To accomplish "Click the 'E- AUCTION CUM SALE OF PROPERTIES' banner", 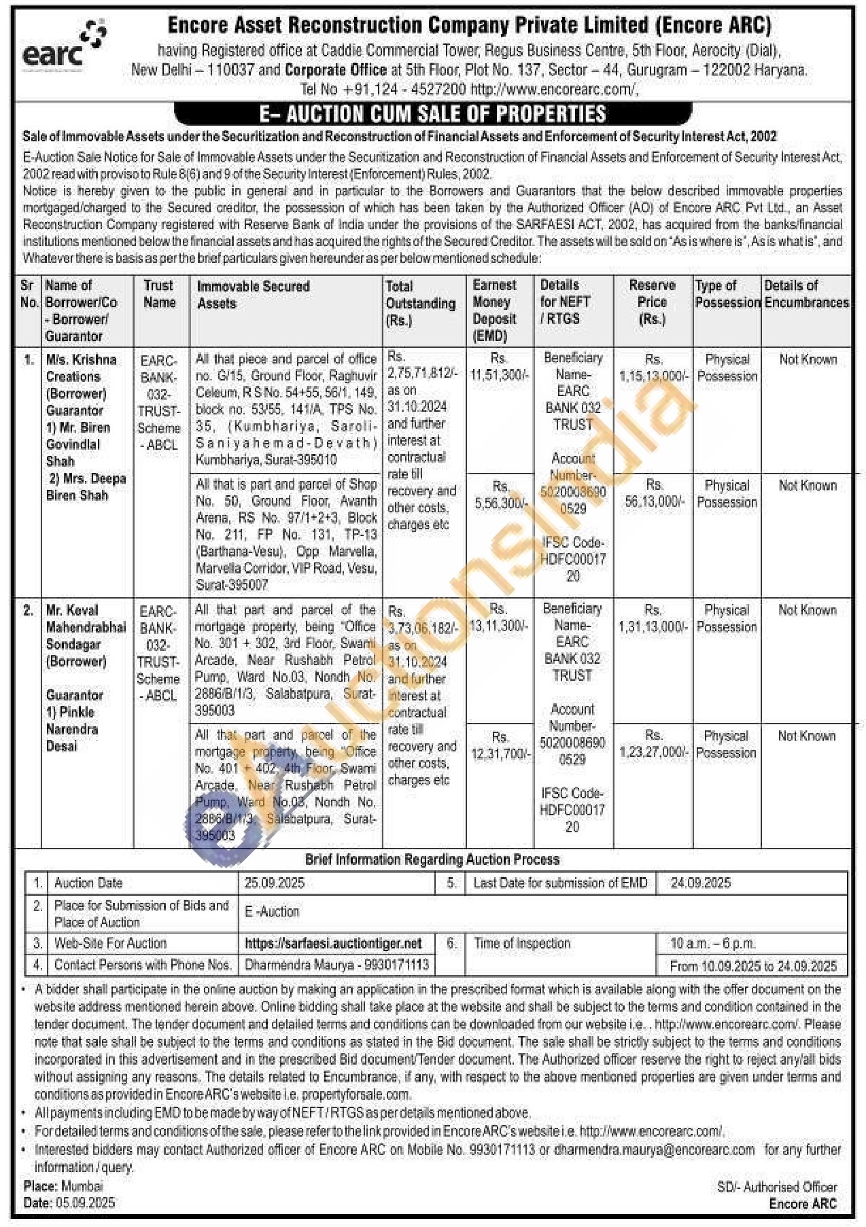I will [433, 113].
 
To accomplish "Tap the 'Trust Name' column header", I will [159, 294].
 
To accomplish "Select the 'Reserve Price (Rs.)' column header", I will [652, 302].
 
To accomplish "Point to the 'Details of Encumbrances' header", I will [806, 294].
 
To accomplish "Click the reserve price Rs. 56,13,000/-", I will [654, 493].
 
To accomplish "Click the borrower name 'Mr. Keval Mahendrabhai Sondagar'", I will [85, 627].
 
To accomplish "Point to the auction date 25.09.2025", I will [275, 883].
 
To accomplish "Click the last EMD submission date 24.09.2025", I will [700, 883].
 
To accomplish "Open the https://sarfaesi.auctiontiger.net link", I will [333, 944].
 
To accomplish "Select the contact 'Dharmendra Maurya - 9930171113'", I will [336, 965].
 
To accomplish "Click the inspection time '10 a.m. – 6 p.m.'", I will [712, 944].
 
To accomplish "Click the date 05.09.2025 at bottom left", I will [88, 1203].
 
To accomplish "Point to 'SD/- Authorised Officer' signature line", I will [777, 1187].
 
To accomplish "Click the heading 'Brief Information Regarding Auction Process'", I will [432, 860].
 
